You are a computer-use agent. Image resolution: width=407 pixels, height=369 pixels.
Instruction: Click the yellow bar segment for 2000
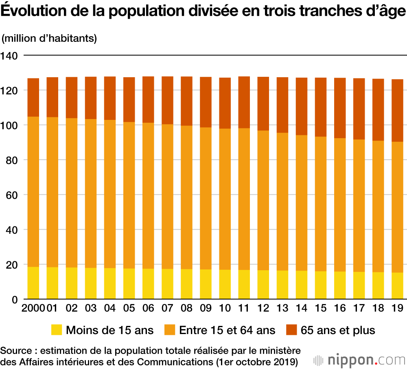[x=33, y=283]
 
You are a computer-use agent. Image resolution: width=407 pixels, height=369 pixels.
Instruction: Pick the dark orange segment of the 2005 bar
[x=129, y=100]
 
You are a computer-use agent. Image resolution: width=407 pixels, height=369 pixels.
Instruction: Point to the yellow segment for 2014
[x=302, y=285]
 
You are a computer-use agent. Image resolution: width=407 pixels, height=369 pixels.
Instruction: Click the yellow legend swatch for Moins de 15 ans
[x=56, y=330]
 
